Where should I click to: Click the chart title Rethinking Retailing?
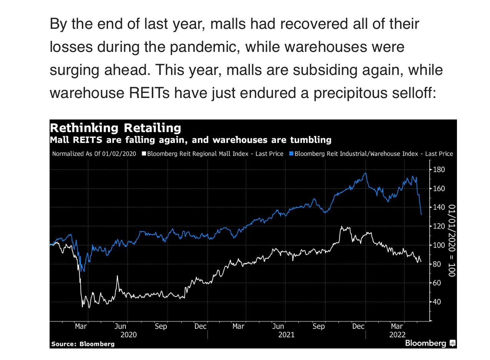[115, 128]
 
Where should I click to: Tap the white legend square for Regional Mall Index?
[144, 154]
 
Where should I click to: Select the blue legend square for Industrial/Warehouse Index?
[291, 154]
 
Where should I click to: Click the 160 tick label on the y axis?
[439, 189]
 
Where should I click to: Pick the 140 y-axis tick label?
[439, 207]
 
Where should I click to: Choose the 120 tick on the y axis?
[439, 226]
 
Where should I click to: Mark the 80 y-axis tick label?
[437, 264]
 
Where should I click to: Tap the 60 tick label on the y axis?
[437, 283]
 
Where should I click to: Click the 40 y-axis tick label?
[437, 302]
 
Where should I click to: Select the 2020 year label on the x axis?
[128, 335]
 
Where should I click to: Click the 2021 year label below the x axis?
[286, 335]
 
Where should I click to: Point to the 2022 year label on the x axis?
[397, 335]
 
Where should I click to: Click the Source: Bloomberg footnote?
[83, 344]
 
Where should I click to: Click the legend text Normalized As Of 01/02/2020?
[94, 154]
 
